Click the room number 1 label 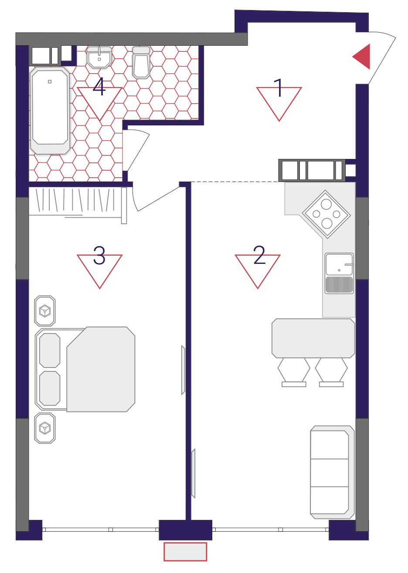[x=278, y=88]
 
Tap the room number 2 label [x=259, y=255]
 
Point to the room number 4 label [x=99, y=87]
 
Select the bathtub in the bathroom [x=50, y=111]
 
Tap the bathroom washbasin [x=99, y=57]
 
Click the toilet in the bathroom [x=141, y=62]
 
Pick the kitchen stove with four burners [x=326, y=214]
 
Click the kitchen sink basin [x=339, y=273]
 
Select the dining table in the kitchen [x=313, y=338]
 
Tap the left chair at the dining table [x=294, y=372]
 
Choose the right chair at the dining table [x=331, y=372]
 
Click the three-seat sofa [x=332, y=472]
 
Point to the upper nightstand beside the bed [x=45, y=311]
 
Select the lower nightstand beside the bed [x=45, y=428]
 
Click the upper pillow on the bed [x=50, y=350]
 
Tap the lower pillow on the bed [x=50, y=388]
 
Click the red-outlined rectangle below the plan [x=185, y=552]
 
